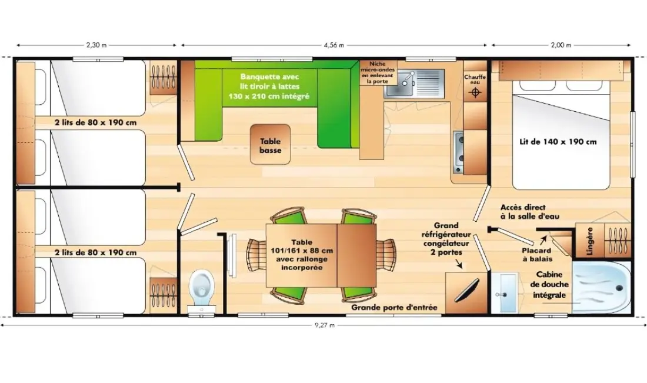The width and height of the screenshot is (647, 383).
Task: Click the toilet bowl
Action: click(x=201, y=284)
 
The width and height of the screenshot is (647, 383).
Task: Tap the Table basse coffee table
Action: click(x=271, y=145)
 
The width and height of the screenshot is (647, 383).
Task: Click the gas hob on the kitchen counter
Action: click(x=458, y=152)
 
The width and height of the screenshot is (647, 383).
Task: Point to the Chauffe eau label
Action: click(x=475, y=79)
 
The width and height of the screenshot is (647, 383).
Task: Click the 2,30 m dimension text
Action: click(x=96, y=45)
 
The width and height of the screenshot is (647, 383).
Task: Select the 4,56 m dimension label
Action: click(x=334, y=45)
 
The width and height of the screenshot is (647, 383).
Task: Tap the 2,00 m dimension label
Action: click(x=561, y=45)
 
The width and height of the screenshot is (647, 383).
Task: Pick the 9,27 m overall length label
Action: click(x=325, y=325)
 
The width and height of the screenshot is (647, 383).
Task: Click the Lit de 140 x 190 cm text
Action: click(x=558, y=142)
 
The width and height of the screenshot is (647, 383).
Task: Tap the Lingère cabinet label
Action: click(x=589, y=241)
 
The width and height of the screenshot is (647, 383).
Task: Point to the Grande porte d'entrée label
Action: click(x=394, y=308)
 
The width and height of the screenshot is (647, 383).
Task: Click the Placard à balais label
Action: click(x=536, y=255)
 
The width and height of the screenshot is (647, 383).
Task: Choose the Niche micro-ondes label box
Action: click(x=377, y=72)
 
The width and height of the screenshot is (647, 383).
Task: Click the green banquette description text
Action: click(x=269, y=86)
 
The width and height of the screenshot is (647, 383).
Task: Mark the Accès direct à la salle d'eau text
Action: click(x=530, y=212)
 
